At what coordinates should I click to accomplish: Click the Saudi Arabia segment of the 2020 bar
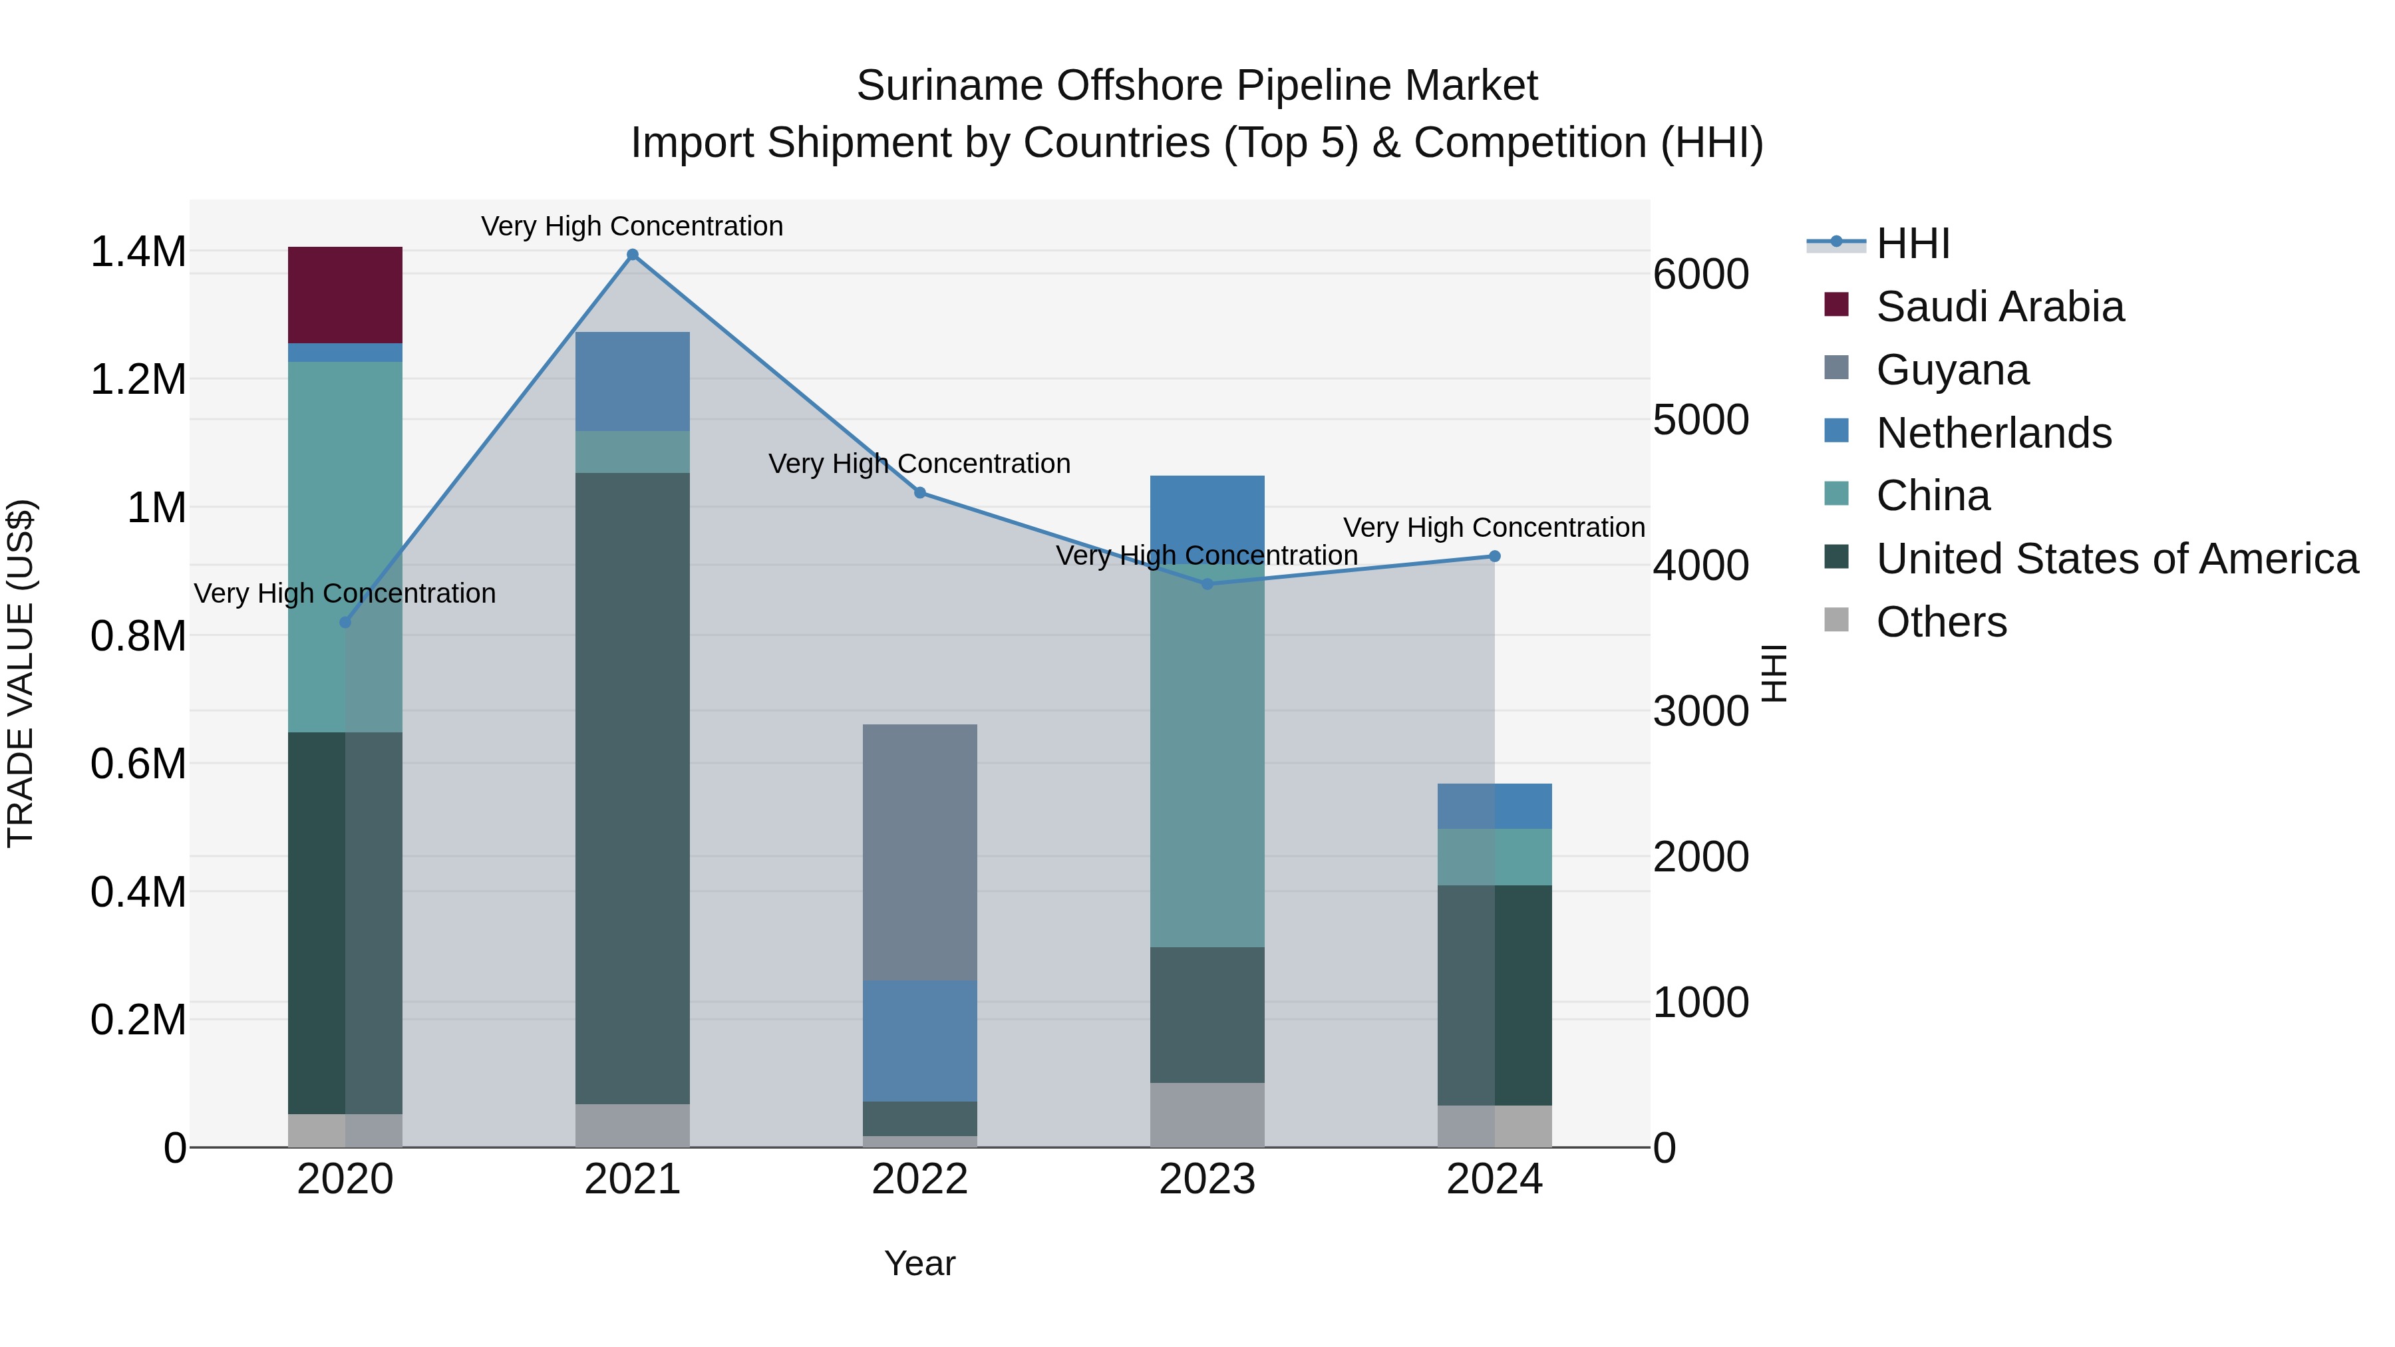tap(345, 295)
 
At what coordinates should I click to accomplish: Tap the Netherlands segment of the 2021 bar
tap(632, 381)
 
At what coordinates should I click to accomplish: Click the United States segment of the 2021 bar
tap(632, 788)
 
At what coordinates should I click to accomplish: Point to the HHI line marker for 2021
tap(632, 255)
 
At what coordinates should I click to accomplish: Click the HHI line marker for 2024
tap(1494, 557)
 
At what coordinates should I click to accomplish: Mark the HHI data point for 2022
tap(919, 493)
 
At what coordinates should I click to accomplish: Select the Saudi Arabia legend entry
tap(1999, 307)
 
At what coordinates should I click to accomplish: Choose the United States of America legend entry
tap(2116, 559)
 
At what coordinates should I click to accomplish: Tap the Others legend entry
tap(1941, 622)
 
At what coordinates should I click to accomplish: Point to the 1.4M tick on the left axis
tap(138, 252)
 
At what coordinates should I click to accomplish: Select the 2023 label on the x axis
tap(1207, 1179)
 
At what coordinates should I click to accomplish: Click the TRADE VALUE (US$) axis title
tap(21, 673)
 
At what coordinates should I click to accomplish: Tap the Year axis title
tap(919, 1263)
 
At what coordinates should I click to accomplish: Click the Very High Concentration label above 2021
tap(632, 226)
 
